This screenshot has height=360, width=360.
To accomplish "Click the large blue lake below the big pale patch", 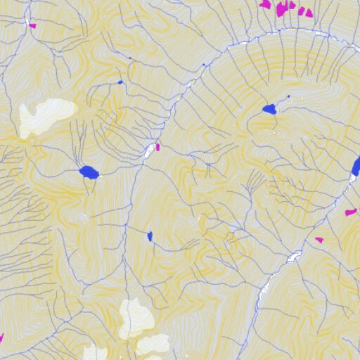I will (89, 172).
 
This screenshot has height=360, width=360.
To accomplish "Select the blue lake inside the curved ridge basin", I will (269, 109).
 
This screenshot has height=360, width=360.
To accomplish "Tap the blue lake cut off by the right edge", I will (356, 167).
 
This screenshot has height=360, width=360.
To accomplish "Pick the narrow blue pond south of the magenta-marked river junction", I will (150, 236).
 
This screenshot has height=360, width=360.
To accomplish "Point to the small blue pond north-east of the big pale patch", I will (120, 82).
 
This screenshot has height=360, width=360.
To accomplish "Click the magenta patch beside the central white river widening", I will (158, 148).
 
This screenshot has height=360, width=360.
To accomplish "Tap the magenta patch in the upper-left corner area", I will (32, 26).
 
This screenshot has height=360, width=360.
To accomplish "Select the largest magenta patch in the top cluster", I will (284, 8).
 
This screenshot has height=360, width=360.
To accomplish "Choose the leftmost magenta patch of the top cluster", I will (265, 4).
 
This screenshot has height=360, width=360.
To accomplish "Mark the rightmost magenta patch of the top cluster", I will (308, 12).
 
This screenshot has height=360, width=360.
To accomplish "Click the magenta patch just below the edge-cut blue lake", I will (350, 212).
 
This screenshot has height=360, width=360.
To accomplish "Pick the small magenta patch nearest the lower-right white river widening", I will (319, 240).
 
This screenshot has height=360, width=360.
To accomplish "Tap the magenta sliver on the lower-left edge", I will (1, 338).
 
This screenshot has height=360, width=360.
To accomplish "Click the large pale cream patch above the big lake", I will (46, 116).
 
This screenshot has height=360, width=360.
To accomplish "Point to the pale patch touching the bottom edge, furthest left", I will (95, 353).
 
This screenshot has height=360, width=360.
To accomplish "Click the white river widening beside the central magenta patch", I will (150, 150).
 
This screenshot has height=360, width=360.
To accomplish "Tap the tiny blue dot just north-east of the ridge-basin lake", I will (288, 96).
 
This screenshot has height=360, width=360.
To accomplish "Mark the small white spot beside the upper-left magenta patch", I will (29, 20).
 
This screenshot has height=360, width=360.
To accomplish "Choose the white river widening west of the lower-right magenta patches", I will (294, 257).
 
